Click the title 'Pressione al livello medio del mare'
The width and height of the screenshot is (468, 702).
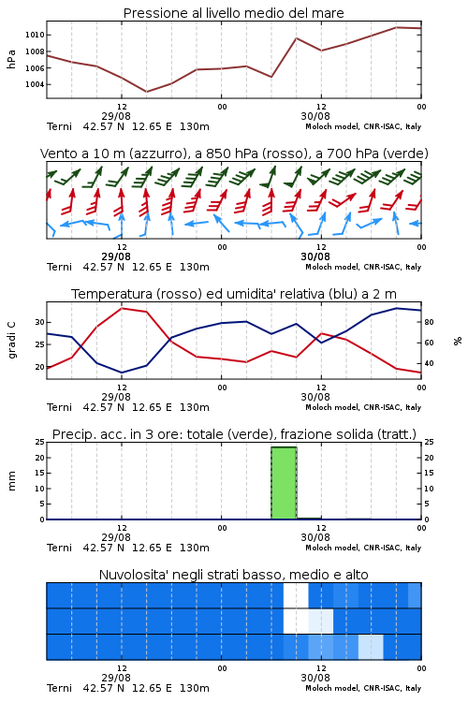click(x=233, y=13)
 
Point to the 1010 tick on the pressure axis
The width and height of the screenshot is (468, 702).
click(x=35, y=35)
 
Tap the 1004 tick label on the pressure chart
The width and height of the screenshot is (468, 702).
click(x=35, y=84)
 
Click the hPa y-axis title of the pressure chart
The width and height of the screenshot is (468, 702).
click(x=11, y=59)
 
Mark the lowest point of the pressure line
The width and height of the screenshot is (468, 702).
click(x=146, y=92)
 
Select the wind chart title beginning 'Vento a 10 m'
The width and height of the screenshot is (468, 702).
click(x=234, y=154)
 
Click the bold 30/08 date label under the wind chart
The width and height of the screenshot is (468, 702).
click(x=315, y=256)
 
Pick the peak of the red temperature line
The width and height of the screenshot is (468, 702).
click(x=122, y=308)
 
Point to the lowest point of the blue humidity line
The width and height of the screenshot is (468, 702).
click(x=122, y=373)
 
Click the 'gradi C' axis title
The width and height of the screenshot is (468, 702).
click(x=12, y=340)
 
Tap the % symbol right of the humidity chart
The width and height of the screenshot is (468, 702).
click(x=458, y=341)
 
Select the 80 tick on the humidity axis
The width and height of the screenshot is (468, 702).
click(x=429, y=322)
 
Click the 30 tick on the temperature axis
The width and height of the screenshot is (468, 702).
click(x=40, y=322)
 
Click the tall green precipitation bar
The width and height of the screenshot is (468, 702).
click(x=284, y=483)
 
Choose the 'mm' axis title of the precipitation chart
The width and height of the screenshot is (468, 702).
click(x=12, y=480)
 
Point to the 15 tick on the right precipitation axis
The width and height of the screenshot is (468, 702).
click(x=429, y=473)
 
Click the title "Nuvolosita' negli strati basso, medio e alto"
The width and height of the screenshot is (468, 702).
click(x=234, y=575)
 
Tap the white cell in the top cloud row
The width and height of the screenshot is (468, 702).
click(x=296, y=595)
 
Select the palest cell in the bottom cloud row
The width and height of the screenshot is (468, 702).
click(x=371, y=647)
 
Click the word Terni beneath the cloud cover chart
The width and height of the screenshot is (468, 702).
click(x=60, y=688)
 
